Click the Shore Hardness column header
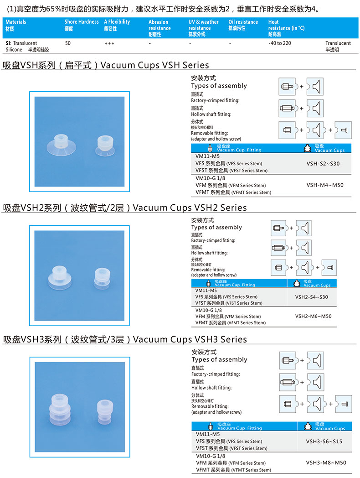[x=81, y=25]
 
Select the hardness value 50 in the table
[x=67, y=43]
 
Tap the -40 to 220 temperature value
[x=280, y=43]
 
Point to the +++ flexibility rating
[x=109, y=44]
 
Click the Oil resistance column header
[x=243, y=25]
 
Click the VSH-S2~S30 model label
[x=323, y=164]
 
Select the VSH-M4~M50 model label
[x=324, y=185]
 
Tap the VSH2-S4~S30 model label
[x=311, y=297]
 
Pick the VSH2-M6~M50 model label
[x=313, y=316]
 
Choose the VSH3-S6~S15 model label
[x=324, y=441]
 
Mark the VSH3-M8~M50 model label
[x=326, y=462]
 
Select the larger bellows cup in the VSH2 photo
[x=60, y=277]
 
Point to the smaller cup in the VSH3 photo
[x=105, y=412]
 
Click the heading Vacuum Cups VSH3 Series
[x=190, y=339]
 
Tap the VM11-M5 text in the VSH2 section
[x=206, y=291]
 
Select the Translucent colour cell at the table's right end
[x=338, y=47]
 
